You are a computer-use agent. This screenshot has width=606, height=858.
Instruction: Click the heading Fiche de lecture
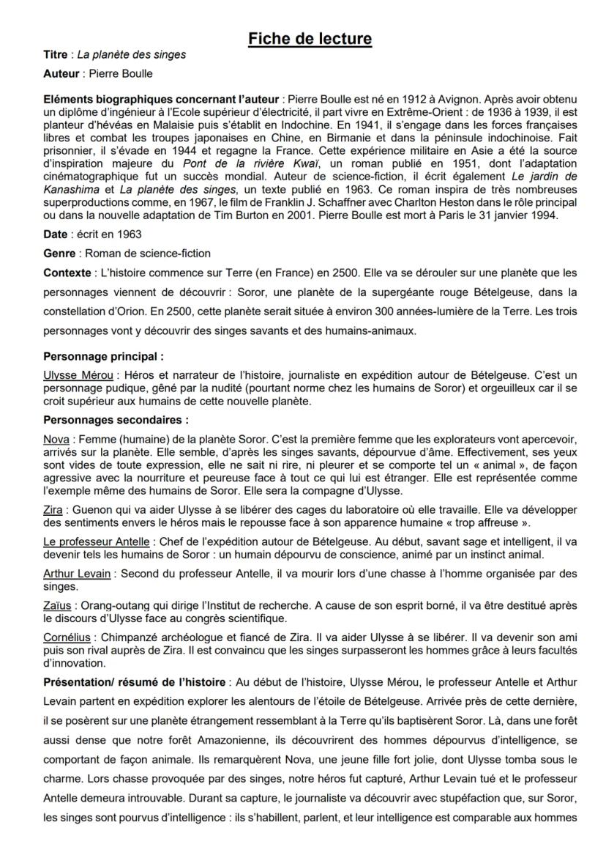click(309, 38)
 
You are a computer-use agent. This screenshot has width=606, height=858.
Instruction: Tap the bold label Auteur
click(61, 74)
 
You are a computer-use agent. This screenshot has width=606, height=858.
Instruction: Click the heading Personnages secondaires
click(116, 420)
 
